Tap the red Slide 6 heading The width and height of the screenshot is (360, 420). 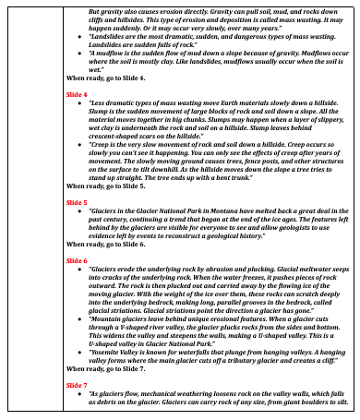click(x=77, y=261)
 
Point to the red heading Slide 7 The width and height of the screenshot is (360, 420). click(x=77, y=384)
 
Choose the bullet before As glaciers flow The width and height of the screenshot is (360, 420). click(x=80, y=394)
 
